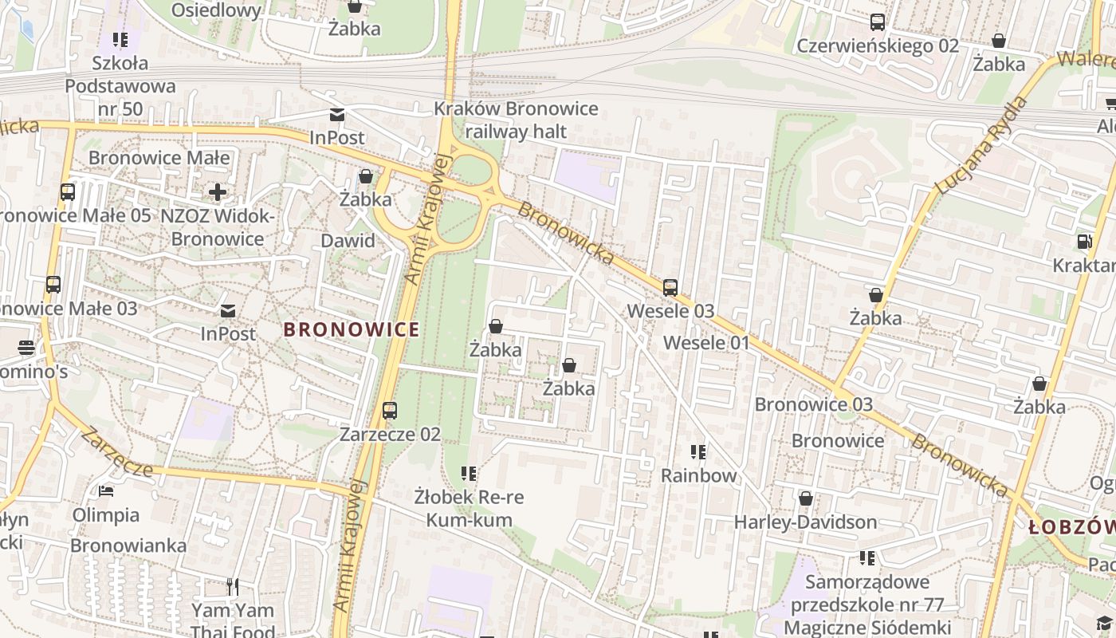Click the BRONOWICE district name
(x=352, y=329)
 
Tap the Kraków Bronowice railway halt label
(x=516, y=120)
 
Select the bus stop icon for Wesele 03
(x=670, y=288)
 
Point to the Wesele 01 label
(x=706, y=343)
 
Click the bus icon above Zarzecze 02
(x=390, y=411)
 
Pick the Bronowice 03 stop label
(x=814, y=404)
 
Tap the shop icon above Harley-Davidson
(x=806, y=498)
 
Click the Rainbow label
(x=699, y=475)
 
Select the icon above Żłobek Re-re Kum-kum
(x=469, y=474)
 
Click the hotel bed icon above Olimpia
(x=106, y=490)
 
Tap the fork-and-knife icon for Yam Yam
(x=233, y=587)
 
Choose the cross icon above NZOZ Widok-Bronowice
(x=217, y=192)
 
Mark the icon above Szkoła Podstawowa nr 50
(x=120, y=40)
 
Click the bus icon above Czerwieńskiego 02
(x=878, y=22)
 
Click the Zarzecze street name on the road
(x=116, y=452)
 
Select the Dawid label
(x=348, y=241)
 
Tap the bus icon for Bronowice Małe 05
(x=68, y=192)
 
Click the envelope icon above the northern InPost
(x=337, y=115)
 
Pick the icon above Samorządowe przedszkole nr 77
(x=867, y=558)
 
